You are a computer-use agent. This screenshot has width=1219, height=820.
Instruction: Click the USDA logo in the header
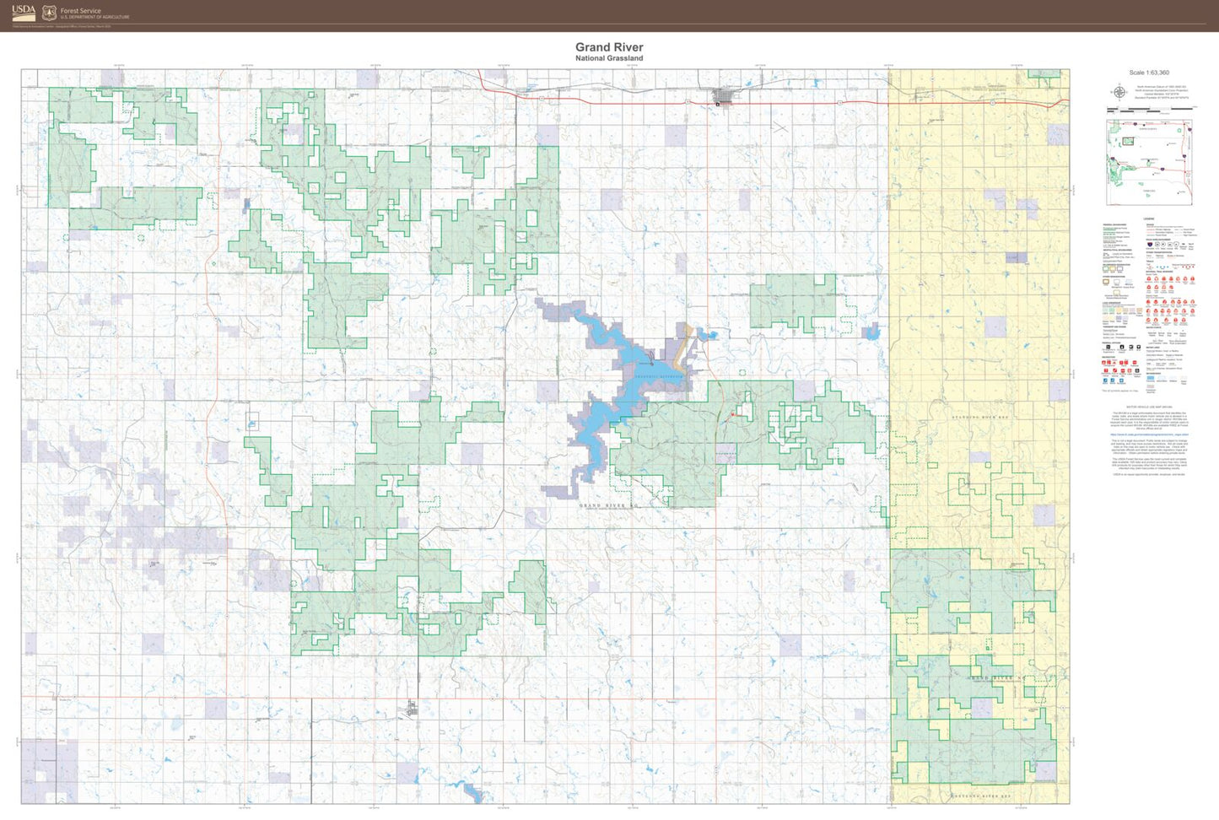[24, 13]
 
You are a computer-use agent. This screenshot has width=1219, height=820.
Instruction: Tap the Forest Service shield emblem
[49, 13]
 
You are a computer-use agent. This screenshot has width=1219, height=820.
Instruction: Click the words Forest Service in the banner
[80, 11]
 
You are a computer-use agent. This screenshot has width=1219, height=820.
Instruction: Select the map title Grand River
[609, 47]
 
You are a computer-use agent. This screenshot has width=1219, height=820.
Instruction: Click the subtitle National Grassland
[609, 58]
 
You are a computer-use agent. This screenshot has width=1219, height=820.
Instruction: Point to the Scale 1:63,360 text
[1149, 73]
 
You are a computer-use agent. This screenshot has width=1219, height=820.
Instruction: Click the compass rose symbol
[1119, 92]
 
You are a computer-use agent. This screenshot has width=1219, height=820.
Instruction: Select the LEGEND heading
[1149, 219]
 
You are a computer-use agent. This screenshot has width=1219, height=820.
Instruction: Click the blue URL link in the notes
[1149, 434]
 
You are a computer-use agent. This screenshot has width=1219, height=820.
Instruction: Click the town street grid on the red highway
[725, 97]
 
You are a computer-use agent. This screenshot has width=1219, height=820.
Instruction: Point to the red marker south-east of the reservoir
[733, 414]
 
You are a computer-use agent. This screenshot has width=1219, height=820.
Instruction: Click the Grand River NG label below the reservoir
[610, 505]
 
